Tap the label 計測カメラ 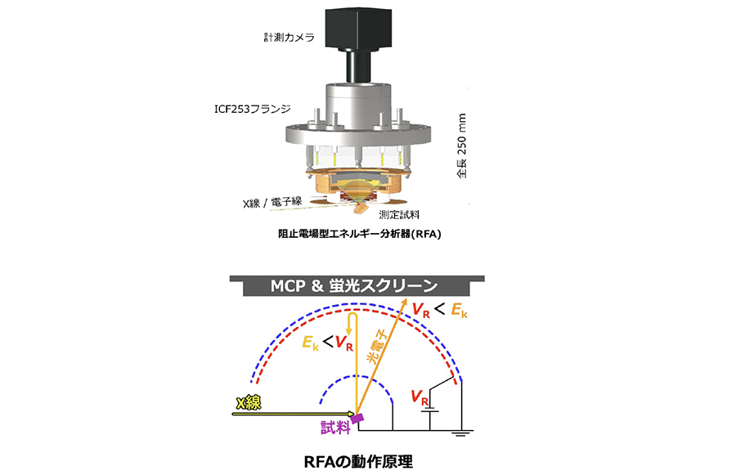(x=289, y=37)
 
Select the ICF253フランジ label (x=253, y=109)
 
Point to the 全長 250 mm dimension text (x=462, y=146)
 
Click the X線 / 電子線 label (x=272, y=202)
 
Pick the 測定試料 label (x=399, y=215)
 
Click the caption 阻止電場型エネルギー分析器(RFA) (x=360, y=233)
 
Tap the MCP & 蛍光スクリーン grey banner (x=357, y=285)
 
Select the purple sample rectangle (x=358, y=417)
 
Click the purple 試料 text (x=335, y=428)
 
